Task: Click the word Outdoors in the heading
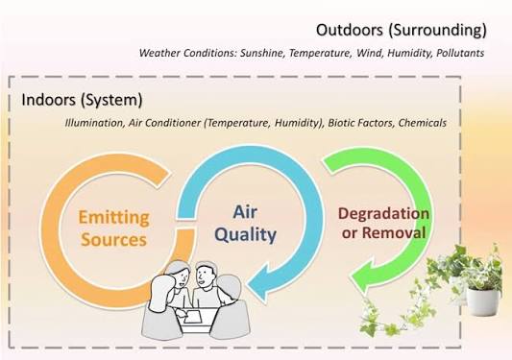(350, 30)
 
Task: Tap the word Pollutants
(460, 53)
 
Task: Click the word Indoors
(48, 100)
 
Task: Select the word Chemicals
(423, 123)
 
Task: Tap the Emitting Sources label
(113, 228)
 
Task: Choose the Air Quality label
(246, 224)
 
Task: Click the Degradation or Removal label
(383, 223)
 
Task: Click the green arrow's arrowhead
(363, 278)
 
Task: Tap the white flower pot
(483, 301)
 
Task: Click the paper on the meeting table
(193, 317)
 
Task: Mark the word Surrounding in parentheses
(437, 30)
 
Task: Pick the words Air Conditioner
(164, 123)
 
